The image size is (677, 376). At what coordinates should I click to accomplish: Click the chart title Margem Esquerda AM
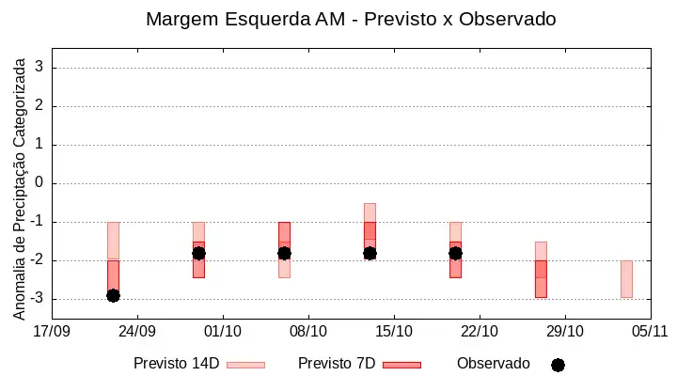point(245,20)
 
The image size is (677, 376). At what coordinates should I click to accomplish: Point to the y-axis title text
point(19,189)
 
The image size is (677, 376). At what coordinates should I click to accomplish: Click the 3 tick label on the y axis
point(39,67)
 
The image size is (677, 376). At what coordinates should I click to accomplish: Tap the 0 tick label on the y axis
point(39,182)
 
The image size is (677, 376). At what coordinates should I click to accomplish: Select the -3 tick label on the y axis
point(37,298)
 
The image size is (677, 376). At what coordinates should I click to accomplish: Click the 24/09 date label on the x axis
point(137,331)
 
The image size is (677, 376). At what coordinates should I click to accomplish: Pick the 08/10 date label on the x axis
point(308,331)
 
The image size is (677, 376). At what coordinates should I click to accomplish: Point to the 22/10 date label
point(480,331)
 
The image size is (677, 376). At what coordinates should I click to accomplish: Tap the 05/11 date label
point(650,331)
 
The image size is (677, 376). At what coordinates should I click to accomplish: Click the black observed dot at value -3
point(113,296)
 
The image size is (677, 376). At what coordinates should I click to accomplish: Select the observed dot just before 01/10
point(198,254)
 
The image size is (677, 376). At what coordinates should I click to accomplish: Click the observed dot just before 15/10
point(370,254)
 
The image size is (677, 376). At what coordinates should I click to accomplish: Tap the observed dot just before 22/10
point(455,254)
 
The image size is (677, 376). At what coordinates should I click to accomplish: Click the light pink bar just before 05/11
point(626,279)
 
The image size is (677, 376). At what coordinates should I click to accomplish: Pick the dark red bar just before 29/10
point(541,279)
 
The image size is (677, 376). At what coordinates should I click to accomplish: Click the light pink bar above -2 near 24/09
point(113,241)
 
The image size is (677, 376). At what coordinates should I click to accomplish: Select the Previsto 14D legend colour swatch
point(245,366)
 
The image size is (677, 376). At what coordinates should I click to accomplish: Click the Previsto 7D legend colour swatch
point(402,366)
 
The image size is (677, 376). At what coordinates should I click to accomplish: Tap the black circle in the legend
point(558,366)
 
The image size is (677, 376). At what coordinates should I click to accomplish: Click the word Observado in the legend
point(494,364)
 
